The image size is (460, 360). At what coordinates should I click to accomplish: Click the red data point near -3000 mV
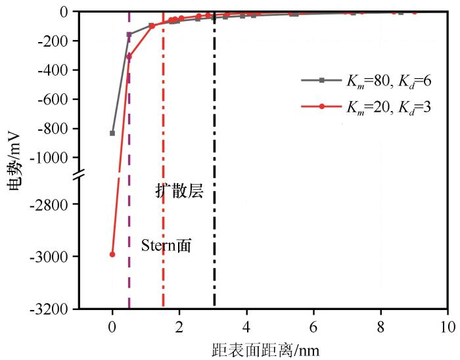point(112,254)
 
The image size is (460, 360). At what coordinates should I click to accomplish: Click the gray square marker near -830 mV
point(112,133)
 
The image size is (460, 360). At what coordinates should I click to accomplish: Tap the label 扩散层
point(179,191)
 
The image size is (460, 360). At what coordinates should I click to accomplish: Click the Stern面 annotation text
point(170,245)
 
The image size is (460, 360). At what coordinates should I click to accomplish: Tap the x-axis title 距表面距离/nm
point(265,349)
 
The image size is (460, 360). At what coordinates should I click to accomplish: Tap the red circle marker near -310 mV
point(129,56)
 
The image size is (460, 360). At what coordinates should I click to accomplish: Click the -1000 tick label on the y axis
point(53,158)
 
